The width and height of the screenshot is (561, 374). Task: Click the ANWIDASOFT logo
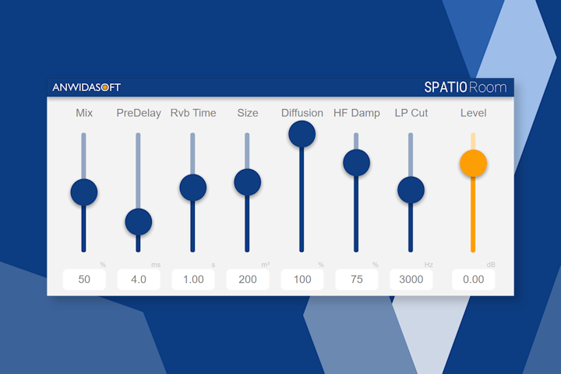click(x=86, y=87)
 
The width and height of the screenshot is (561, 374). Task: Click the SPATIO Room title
click(x=464, y=87)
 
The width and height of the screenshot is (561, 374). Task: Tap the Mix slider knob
click(x=84, y=192)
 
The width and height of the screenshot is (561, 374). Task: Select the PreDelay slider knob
click(x=139, y=222)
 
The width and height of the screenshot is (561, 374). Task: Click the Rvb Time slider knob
click(x=192, y=187)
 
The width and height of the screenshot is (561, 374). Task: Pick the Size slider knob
click(x=247, y=182)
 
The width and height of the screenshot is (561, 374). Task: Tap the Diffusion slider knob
click(x=302, y=134)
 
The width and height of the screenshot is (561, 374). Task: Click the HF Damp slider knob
click(x=356, y=163)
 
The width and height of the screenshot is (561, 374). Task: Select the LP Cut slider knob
click(x=411, y=189)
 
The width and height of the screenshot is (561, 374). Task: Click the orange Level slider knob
click(x=473, y=164)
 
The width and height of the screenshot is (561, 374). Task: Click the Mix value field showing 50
click(x=84, y=280)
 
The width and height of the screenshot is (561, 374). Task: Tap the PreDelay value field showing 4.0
click(x=139, y=280)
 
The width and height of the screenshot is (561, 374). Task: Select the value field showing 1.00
click(x=193, y=280)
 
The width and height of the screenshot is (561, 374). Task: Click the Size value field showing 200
click(x=248, y=280)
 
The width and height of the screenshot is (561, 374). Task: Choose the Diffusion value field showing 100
click(x=302, y=280)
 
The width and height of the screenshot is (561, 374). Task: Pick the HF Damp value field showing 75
click(x=357, y=280)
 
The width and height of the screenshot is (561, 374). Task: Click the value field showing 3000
click(x=411, y=280)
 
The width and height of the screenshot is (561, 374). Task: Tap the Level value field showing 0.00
click(x=473, y=280)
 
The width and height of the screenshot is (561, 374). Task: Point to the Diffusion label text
click(x=302, y=113)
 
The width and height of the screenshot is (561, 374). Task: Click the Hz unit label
click(x=429, y=265)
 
